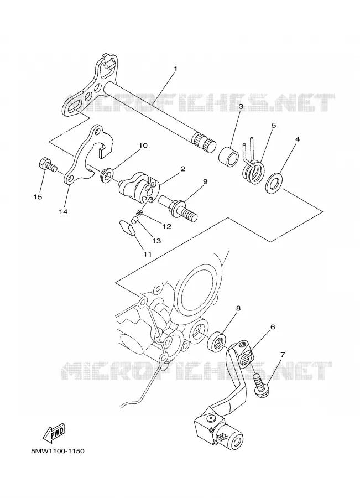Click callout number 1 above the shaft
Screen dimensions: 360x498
coord(175,68)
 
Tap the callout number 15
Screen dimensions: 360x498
coord(38,197)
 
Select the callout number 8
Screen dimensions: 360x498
coord(238,308)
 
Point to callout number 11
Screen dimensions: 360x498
coord(147,254)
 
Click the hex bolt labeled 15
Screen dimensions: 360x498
coord(48,165)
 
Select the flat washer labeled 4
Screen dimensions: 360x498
coord(274,183)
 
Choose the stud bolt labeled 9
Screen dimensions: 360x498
coord(179,207)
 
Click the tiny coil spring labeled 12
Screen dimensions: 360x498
coord(138,213)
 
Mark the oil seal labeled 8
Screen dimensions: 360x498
coord(217,340)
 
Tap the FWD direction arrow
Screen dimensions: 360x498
coord(54,433)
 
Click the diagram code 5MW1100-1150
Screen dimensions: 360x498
coord(58,450)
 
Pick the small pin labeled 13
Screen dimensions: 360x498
coord(135,220)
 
